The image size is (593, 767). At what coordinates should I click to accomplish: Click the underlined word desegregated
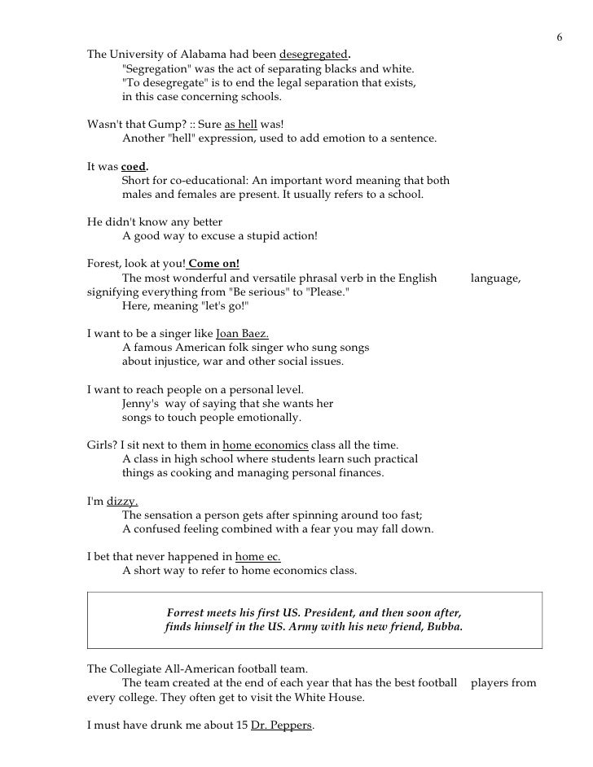tap(314, 55)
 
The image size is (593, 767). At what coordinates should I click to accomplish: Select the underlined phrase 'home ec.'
tap(257, 557)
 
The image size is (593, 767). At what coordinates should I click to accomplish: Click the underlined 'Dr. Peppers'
tap(281, 724)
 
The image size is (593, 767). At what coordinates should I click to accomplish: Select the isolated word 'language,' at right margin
tap(496, 278)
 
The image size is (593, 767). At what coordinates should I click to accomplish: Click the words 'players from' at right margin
tap(503, 682)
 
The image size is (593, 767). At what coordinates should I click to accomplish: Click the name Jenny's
tap(140, 404)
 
